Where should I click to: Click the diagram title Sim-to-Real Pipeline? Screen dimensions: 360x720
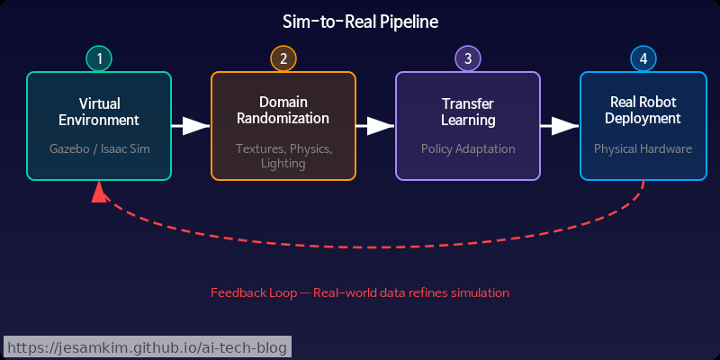coord(360,22)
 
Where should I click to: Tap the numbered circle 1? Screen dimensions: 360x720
coord(99,59)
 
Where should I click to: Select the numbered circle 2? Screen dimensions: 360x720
coord(283,59)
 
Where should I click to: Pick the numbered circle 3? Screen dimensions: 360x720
coord(468,59)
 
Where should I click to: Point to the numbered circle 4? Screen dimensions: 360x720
coord(643,59)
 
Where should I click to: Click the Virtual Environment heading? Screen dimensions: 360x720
coord(99,112)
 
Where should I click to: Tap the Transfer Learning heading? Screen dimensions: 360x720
coord(468,112)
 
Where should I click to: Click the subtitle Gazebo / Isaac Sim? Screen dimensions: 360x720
coord(99,148)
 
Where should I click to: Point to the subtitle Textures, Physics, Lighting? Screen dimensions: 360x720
coord(283,156)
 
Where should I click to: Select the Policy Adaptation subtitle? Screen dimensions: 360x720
coord(468,148)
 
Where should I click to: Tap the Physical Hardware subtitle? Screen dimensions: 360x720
coord(643,148)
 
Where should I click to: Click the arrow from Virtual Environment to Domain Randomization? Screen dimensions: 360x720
coord(191,126)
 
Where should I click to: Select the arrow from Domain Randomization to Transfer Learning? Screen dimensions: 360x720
coord(375,126)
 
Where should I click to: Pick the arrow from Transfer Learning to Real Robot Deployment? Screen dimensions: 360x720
coord(560,126)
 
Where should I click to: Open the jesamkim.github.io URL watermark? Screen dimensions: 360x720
coord(148,347)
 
